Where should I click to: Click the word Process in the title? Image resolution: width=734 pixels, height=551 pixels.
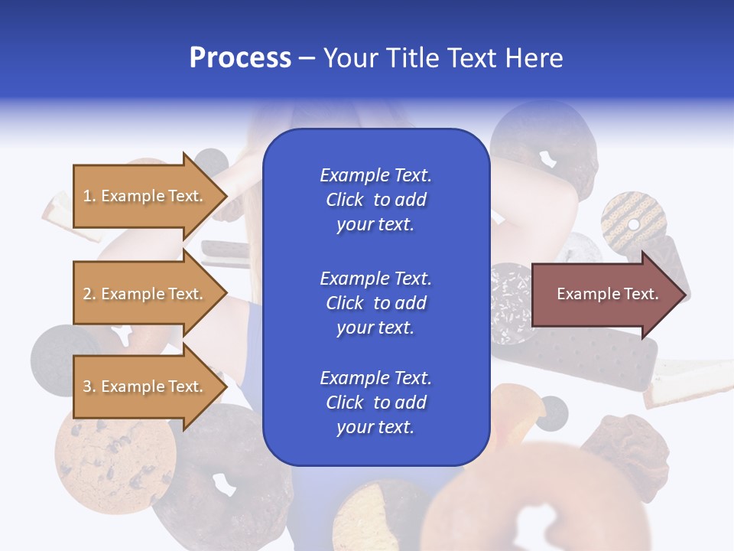(240, 58)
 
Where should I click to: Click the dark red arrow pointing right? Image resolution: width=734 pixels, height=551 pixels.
(609, 294)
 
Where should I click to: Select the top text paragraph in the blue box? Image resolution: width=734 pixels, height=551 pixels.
(375, 200)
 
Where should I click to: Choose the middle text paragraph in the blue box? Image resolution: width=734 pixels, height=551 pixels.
(375, 303)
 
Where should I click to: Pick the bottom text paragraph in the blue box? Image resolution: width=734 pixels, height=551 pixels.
(375, 403)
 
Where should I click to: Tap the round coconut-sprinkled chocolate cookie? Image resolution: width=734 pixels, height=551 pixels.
(511, 303)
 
